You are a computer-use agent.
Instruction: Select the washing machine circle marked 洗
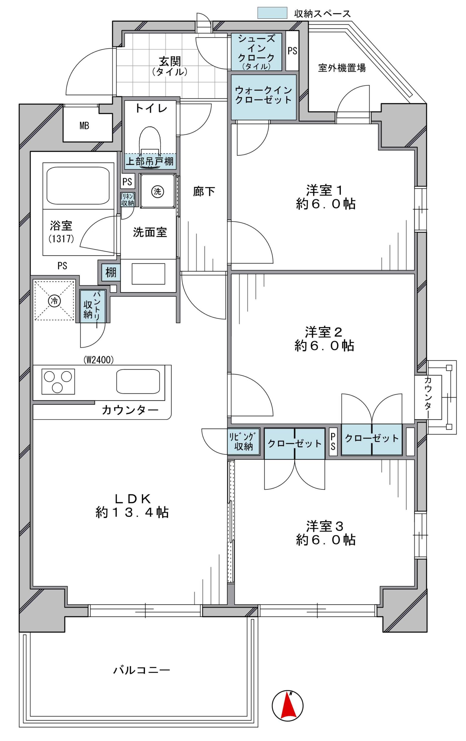(x=157, y=192)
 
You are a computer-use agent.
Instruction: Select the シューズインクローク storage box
(x=256, y=52)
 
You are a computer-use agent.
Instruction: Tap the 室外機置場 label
(x=342, y=68)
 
